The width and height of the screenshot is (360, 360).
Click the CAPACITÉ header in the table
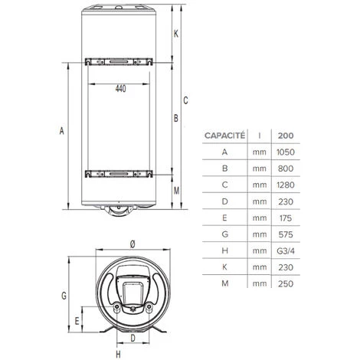224,136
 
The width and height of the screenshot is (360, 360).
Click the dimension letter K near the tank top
175,33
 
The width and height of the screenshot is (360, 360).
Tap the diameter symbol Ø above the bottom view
133,243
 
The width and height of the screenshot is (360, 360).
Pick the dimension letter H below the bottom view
118,354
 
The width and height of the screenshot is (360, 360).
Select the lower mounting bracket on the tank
120,174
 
